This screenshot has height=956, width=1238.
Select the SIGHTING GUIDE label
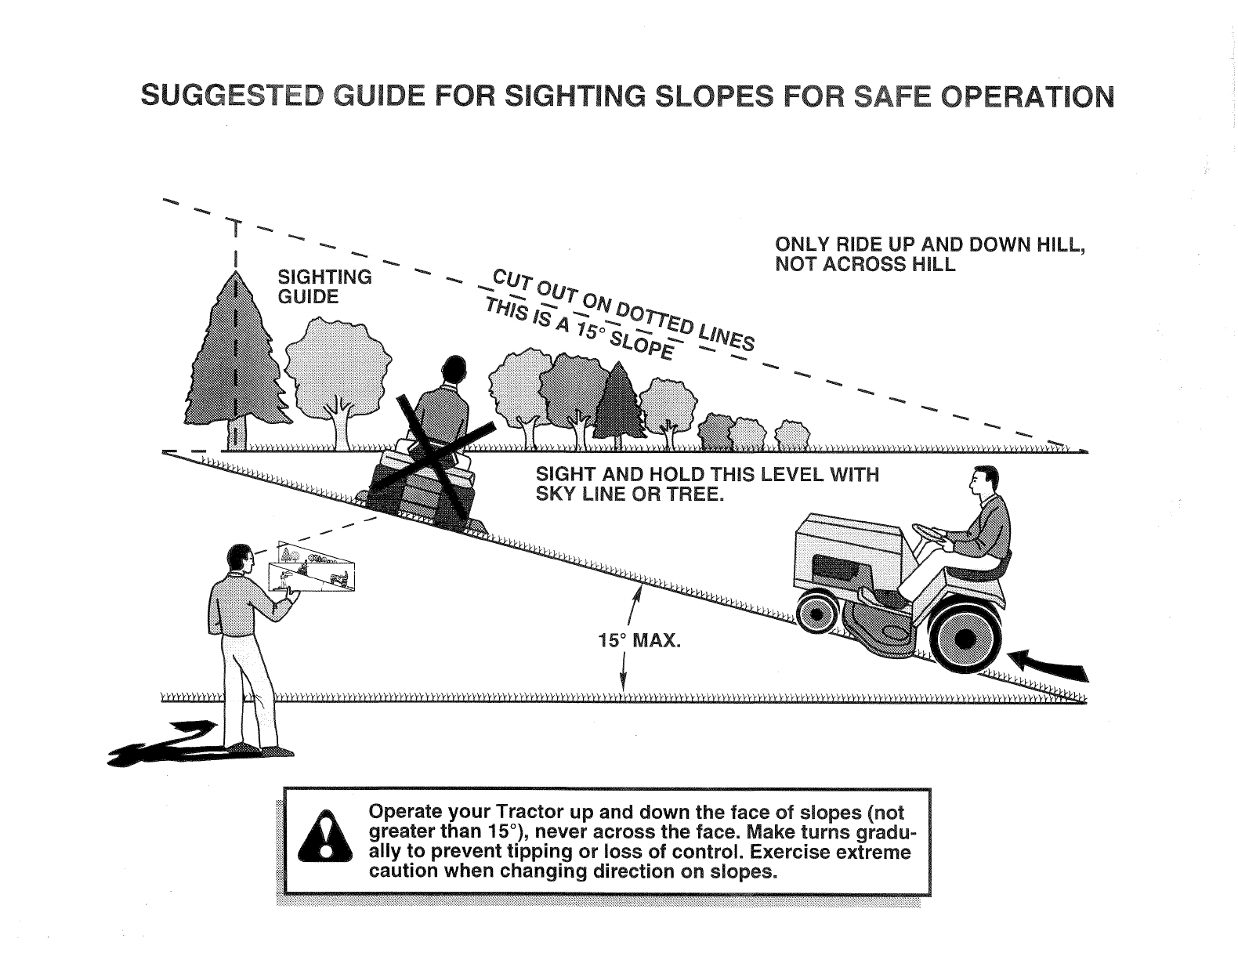point(324,287)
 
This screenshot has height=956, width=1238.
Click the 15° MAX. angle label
point(639,642)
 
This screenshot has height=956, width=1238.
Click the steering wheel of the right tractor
point(929,533)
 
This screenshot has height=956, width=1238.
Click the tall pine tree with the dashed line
point(234,360)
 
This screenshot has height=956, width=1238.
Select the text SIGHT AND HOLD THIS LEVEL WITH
point(707,475)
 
